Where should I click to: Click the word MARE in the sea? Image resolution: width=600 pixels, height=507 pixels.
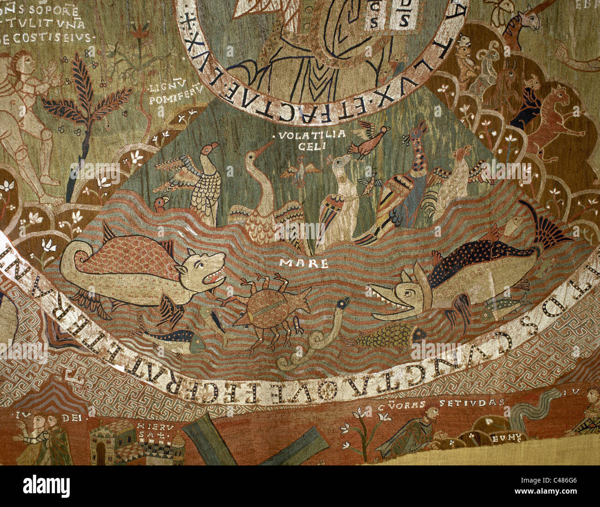303,264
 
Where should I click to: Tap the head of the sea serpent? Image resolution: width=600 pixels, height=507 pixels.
342,303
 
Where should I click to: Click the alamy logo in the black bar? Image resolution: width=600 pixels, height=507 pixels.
46,486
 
